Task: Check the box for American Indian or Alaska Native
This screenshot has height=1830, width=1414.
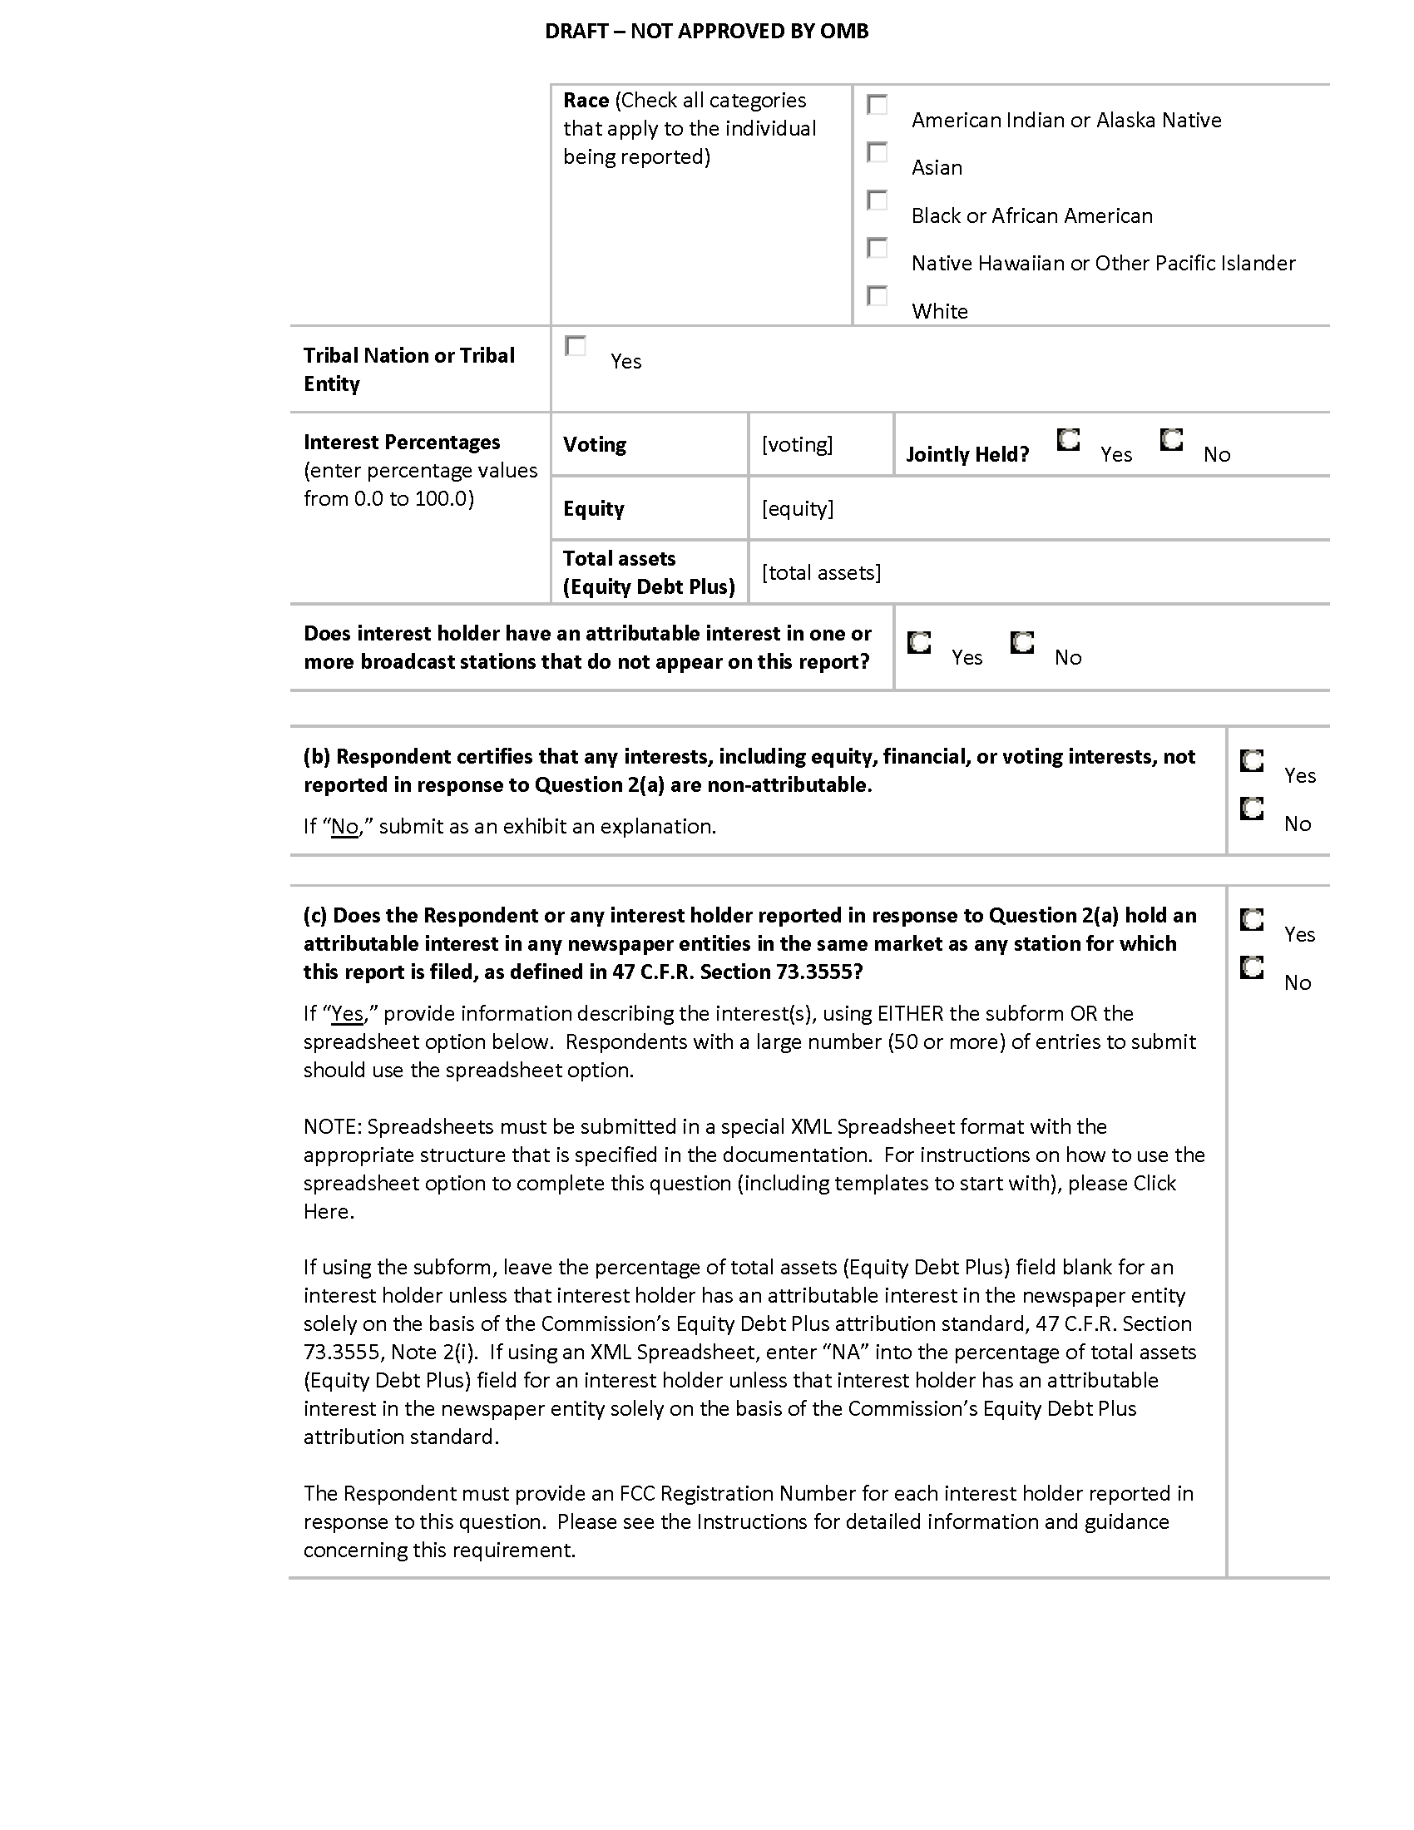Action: click(x=877, y=105)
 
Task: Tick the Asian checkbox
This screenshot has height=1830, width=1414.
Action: click(x=877, y=152)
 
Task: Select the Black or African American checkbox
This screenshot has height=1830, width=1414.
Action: click(x=877, y=200)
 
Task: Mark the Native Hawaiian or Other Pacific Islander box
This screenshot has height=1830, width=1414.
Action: click(x=877, y=248)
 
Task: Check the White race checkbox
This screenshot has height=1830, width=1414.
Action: click(x=877, y=296)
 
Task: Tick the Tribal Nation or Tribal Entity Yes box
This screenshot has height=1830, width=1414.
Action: click(x=576, y=346)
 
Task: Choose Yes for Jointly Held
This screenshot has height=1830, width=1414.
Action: click(x=1068, y=440)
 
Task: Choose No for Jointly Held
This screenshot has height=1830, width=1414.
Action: click(x=1171, y=440)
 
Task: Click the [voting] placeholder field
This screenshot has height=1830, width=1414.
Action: click(x=797, y=444)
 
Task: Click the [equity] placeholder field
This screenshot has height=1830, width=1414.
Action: click(x=798, y=508)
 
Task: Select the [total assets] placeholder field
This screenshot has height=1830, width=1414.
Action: click(x=821, y=572)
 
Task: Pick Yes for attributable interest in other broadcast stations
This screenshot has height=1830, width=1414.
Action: click(x=919, y=643)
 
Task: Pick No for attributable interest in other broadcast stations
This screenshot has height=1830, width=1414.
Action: click(x=1022, y=643)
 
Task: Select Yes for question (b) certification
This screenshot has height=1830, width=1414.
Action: click(x=1252, y=761)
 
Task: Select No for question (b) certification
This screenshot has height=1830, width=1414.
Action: click(x=1252, y=809)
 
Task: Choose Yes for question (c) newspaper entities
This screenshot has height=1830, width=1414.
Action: click(x=1252, y=920)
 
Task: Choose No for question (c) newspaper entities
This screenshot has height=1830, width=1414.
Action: click(x=1252, y=967)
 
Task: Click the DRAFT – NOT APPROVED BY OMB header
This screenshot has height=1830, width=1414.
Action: click(x=706, y=31)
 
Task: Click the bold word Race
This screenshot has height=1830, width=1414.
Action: click(x=586, y=101)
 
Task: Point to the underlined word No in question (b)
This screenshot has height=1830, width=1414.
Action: click(x=345, y=827)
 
